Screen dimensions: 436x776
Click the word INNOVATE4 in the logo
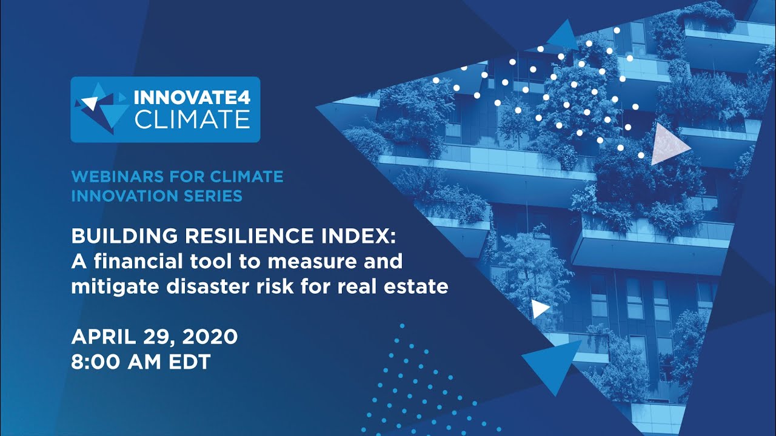point(191,97)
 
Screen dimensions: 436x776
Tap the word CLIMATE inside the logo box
point(192,119)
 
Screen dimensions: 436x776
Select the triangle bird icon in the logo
point(101,108)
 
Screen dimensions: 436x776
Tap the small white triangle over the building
point(539,309)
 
